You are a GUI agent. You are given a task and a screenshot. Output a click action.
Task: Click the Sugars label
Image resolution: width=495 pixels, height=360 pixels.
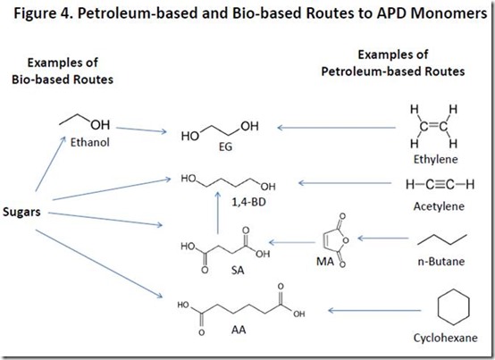coord(21,212)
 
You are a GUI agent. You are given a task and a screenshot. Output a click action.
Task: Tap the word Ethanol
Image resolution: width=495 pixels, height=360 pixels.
coord(90,142)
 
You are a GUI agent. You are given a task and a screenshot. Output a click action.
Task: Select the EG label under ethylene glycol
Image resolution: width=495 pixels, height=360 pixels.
coord(225,147)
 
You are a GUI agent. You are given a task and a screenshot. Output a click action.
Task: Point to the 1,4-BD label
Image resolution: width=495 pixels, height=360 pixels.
coord(248,202)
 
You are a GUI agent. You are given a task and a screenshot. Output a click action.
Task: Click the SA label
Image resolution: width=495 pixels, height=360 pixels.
coord(238,271)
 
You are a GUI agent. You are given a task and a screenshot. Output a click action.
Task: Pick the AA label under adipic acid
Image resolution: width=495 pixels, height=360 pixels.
coord(239,330)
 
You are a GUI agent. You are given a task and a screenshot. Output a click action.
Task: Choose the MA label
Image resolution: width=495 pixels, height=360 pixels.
coord(325,262)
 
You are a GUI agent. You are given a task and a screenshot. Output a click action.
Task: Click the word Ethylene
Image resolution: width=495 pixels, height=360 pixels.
coord(436,159)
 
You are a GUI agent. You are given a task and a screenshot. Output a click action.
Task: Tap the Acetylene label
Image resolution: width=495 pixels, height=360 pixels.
coord(439,206)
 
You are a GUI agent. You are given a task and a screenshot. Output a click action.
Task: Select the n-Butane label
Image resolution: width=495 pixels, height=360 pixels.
coord(441,262)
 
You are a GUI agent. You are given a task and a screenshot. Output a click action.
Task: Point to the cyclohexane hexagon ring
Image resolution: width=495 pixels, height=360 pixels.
coord(438,306)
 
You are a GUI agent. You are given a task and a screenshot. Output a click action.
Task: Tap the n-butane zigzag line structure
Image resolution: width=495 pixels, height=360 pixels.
coord(442,239)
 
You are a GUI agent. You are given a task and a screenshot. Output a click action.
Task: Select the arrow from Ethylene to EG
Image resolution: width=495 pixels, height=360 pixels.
coord(337,128)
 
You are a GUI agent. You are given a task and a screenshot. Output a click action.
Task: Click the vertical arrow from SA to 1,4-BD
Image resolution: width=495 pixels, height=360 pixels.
coord(218,213)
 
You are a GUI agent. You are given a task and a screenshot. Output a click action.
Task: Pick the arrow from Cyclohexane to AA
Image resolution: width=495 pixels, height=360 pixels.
coord(374,311)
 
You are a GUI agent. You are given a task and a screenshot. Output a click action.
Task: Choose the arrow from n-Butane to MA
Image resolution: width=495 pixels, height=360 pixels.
coord(383,239)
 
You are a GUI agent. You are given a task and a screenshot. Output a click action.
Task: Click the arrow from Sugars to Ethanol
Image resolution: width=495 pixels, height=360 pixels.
coord(51,163)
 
